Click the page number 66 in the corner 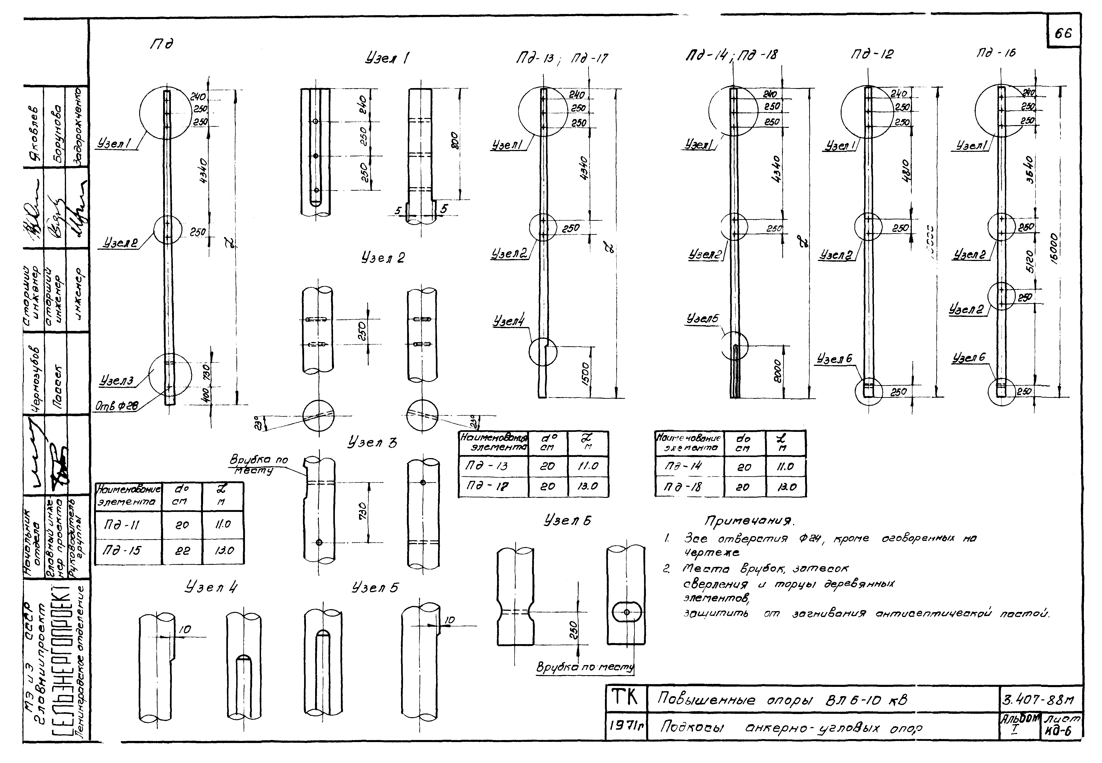tap(1063, 33)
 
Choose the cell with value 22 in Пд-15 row tap(182, 550)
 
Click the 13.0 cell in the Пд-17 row tap(588, 486)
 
